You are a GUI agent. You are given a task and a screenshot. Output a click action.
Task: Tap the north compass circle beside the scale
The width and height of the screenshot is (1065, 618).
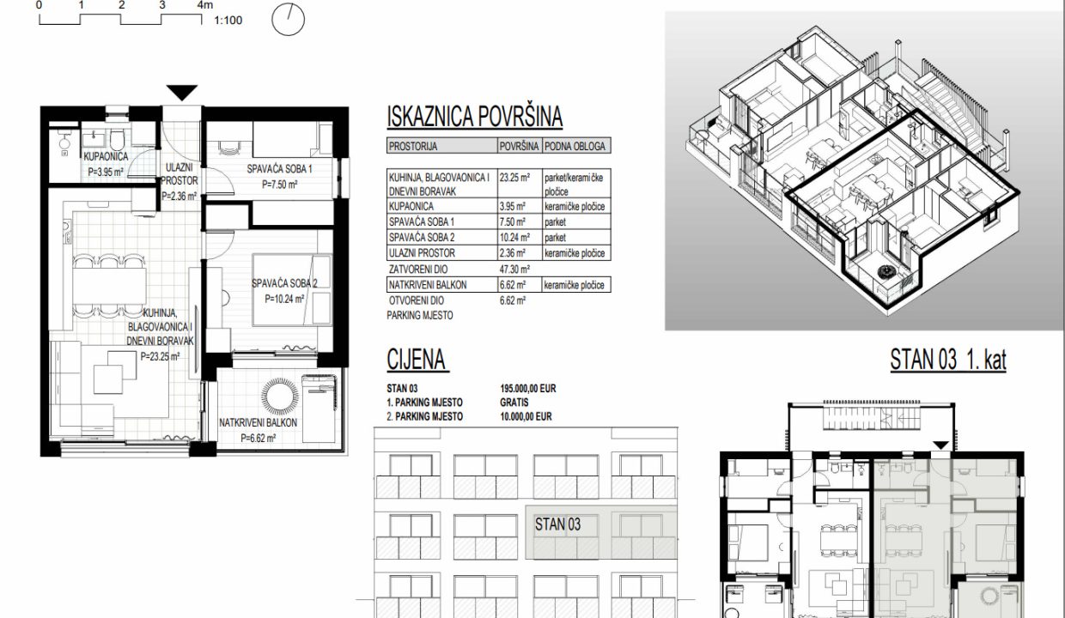coord(288,20)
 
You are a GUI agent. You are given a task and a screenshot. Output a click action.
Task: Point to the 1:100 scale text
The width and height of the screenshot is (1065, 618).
coord(228,21)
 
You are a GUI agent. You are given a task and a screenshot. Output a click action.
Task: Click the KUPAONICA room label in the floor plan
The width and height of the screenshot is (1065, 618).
coord(106,156)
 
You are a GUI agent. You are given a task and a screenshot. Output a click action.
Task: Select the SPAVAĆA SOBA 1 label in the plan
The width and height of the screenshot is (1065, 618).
coord(280,168)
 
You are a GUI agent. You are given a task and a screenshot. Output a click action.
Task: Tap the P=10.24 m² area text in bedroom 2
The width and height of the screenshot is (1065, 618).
coord(284,299)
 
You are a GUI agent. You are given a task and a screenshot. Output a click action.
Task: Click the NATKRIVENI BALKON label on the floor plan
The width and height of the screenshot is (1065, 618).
coord(259,422)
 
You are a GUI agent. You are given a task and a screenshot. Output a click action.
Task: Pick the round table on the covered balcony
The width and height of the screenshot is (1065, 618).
coord(280,397)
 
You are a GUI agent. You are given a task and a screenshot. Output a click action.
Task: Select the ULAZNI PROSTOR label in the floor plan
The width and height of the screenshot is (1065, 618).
coord(180,174)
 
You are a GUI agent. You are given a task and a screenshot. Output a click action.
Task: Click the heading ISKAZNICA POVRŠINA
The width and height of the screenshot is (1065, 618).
coord(475,117)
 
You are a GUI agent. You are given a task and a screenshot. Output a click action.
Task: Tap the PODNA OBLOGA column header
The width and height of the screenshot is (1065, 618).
coord(575,146)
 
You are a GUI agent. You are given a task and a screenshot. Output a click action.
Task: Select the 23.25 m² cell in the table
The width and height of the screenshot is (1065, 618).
coord(514,178)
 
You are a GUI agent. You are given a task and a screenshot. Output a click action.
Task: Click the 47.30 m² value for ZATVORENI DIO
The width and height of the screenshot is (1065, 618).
coord(514,270)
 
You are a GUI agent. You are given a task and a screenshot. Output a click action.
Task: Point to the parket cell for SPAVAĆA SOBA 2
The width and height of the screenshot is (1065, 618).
coord(556,238)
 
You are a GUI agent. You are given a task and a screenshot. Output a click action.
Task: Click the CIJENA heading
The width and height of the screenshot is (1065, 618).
coord(416,360)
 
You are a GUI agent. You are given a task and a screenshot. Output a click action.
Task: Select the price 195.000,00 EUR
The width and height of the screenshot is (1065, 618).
coord(527,389)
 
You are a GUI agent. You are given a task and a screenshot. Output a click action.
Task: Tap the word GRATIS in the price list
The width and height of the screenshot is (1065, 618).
coord(514,403)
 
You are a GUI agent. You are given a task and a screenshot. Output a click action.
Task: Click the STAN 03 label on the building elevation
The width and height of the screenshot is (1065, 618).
coord(557,524)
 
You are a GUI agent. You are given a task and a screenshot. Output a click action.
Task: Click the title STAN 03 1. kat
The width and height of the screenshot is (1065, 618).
coord(948,360)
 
